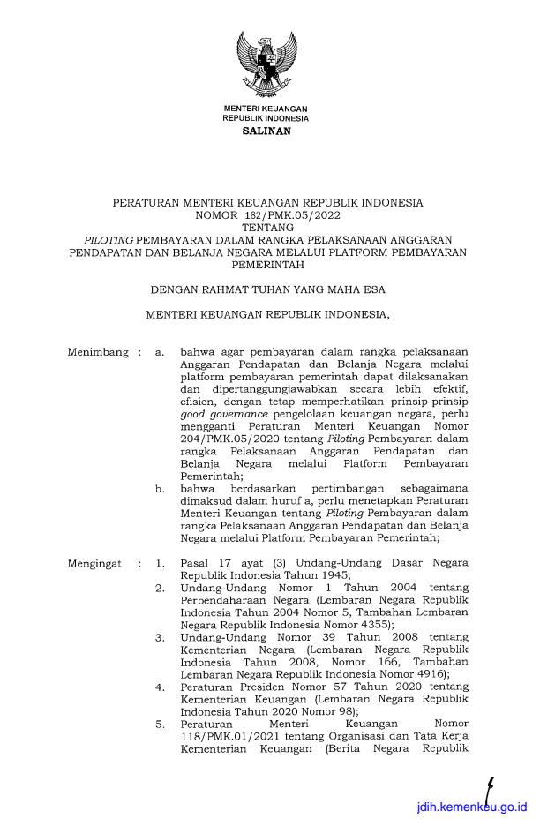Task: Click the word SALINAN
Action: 266,131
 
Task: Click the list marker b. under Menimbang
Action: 159,487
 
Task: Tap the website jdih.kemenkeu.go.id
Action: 473,807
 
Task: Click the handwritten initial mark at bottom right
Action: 491,788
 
